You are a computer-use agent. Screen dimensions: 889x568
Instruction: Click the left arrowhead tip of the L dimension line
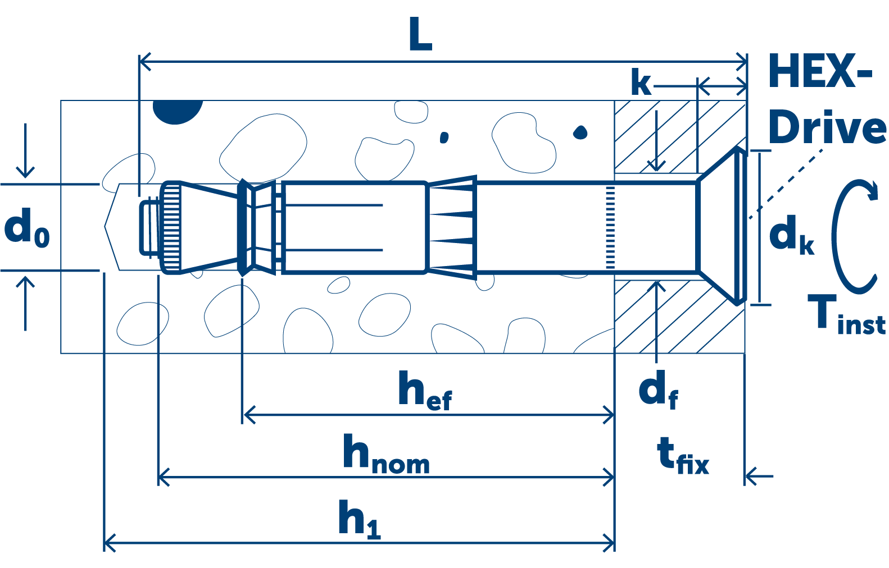tap(140, 62)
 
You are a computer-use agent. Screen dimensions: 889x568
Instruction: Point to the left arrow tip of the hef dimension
tap(244, 415)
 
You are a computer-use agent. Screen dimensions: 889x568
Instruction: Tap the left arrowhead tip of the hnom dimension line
tap(158, 477)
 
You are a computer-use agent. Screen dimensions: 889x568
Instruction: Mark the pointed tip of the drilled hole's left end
tap(105, 227)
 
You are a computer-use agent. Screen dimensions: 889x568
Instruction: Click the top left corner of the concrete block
tap(61, 100)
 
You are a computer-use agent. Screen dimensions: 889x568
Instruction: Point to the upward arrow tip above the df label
tap(657, 281)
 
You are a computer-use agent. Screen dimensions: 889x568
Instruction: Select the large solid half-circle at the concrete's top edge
tap(178, 112)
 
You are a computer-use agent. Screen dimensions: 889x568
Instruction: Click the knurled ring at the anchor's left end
tap(170, 227)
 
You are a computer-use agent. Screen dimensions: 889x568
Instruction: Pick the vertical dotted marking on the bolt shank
tap(610, 227)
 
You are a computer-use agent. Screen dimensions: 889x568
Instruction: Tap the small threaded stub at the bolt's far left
tap(149, 227)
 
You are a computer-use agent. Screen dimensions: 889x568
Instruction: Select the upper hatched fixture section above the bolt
tap(681, 137)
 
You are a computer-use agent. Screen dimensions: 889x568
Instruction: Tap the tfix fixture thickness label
tap(683, 456)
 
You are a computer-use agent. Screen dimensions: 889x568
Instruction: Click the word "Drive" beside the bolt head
tap(827, 127)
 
